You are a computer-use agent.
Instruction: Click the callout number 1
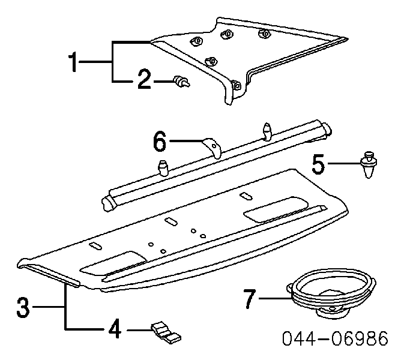73,62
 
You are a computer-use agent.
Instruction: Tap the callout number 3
23,307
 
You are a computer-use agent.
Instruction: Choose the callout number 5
318,164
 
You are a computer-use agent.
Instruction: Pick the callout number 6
160,141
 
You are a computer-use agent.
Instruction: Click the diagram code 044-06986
335,338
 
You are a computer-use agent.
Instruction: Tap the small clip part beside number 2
182,82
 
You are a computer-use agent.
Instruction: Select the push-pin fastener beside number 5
369,165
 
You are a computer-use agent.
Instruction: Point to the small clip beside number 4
166,333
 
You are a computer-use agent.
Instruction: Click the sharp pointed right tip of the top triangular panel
348,39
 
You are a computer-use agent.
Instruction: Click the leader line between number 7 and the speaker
276,298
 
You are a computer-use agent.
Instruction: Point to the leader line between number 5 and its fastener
344,163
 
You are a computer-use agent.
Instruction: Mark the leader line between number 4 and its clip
139,330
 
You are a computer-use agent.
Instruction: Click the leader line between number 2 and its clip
164,82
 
